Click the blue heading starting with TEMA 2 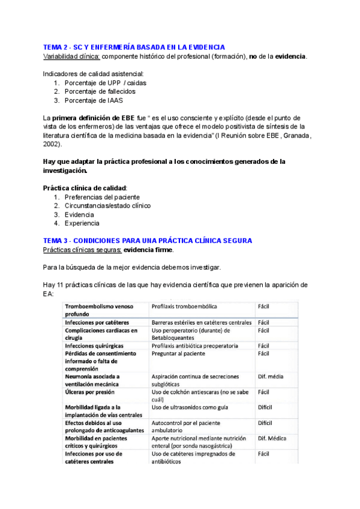click(134, 47)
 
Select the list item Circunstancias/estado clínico click(108, 205)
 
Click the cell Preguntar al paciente click(182, 354)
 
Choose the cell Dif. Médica click(273, 439)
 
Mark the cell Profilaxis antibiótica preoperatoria click(195, 346)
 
